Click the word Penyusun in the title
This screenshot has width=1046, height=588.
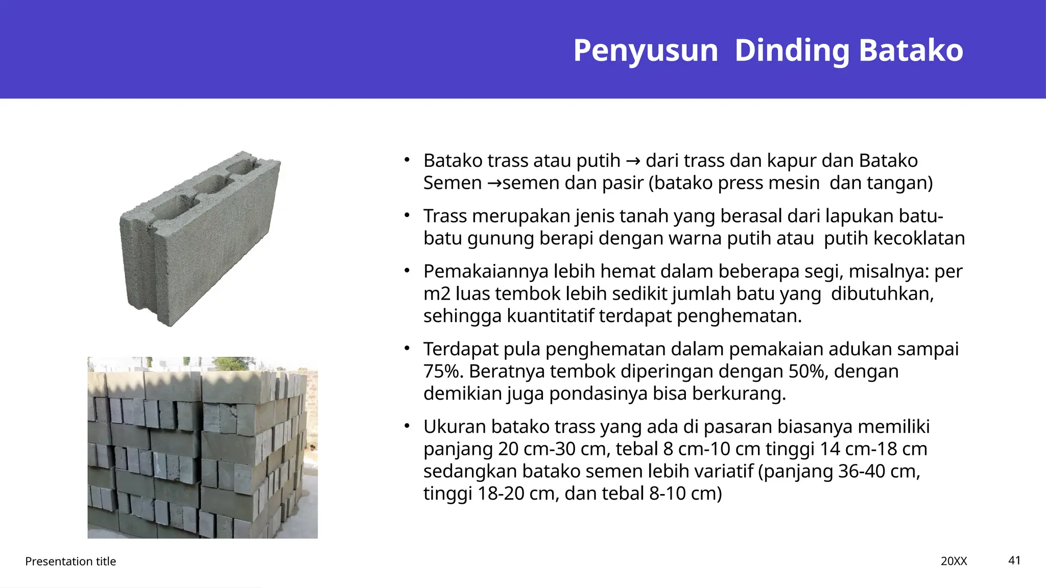click(646, 51)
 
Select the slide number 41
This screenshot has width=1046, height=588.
click(1014, 560)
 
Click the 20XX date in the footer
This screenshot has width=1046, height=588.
click(954, 561)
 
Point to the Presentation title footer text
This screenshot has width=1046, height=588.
click(70, 561)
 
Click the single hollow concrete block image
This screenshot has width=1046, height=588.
click(200, 238)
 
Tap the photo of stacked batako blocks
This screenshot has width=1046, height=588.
click(202, 448)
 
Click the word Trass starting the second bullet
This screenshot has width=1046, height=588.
click(445, 216)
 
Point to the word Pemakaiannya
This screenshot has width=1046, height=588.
click(486, 272)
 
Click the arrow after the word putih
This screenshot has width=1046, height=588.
click(633, 161)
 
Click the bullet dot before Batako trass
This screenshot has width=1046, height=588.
click(407, 160)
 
